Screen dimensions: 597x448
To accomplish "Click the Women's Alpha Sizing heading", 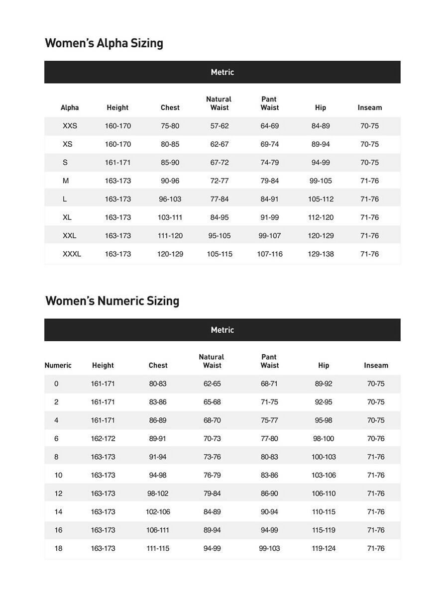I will [104, 43].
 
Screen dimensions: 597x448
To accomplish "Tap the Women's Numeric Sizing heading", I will [112, 301].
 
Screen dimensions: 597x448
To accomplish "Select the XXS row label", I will [70, 126].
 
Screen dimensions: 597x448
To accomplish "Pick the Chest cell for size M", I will [170, 181].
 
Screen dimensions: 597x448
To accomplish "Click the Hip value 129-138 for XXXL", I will [321, 254].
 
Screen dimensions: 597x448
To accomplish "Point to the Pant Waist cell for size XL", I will [269, 217].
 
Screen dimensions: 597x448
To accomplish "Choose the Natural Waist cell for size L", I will [219, 199].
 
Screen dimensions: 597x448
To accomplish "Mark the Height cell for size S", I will [117, 163].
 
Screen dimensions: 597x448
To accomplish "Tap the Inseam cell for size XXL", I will [369, 236].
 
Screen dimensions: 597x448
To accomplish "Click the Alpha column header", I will [70, 108].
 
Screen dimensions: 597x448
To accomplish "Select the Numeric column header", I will [58, 366].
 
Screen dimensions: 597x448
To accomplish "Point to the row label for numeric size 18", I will [58, 549].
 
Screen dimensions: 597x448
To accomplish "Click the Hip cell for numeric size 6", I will [324, 439].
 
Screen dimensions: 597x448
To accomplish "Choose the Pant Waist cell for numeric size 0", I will [269, 384].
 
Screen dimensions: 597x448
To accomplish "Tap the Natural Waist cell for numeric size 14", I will [212, 512].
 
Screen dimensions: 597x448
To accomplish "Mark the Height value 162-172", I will [103, 439].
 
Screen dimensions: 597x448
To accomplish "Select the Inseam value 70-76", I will [376, 439].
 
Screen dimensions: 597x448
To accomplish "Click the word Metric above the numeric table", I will [222, 330].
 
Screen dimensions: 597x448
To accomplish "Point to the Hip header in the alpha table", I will [321, 108].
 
